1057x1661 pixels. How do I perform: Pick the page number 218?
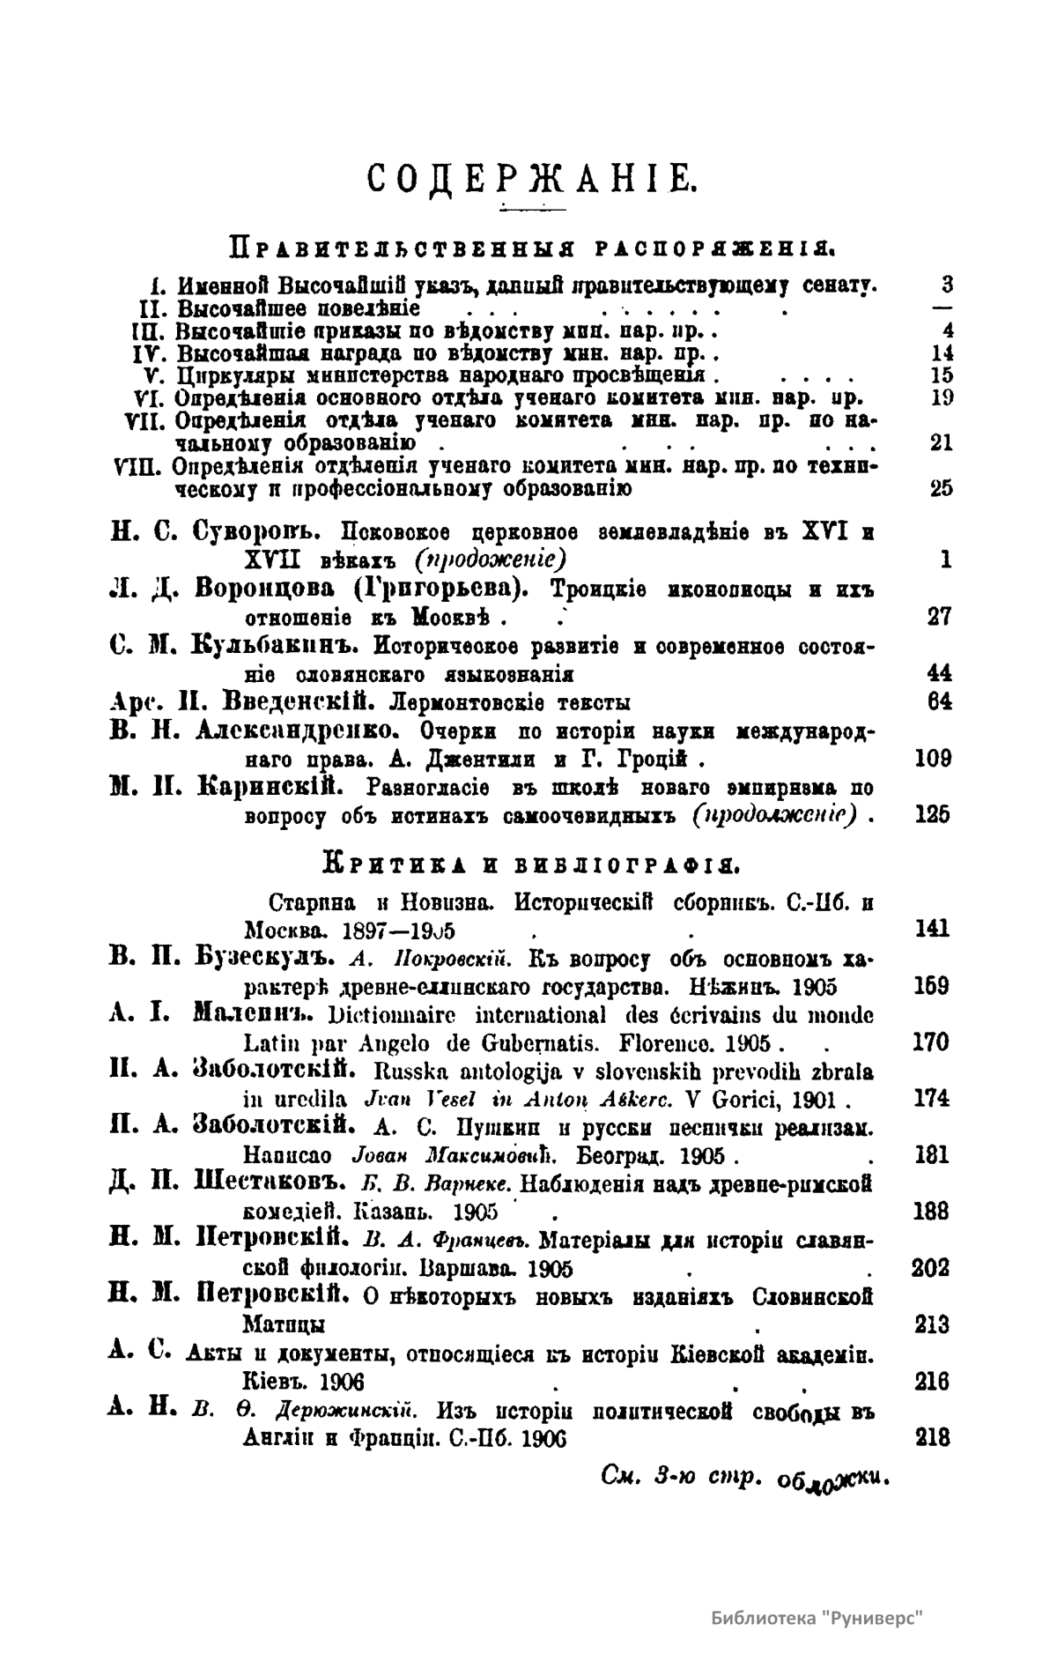point(933,1437)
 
